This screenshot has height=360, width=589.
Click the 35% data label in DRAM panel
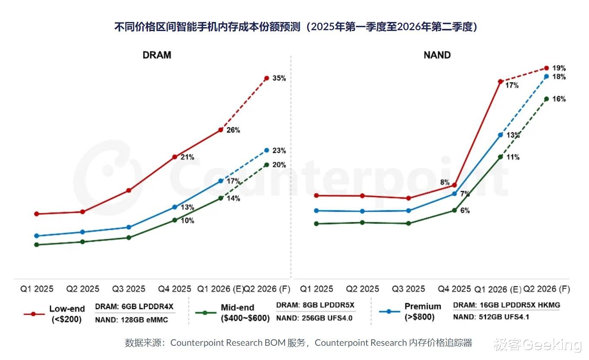pos(279,78)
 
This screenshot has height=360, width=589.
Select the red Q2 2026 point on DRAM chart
pos(266,78)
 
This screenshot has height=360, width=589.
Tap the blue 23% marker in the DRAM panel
pos(266,150)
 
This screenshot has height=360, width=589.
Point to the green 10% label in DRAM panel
pos(187,221)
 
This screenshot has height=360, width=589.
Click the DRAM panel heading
pos(157,55)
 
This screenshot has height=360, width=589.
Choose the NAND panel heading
pos(437,55)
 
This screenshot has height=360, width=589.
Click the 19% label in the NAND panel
pos(559,68)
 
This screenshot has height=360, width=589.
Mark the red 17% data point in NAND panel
pos(500,81)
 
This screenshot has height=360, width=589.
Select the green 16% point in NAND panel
pos(546,99)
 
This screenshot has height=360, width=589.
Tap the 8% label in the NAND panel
pos(445,182)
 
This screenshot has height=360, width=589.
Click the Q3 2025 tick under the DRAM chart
pos(128,289)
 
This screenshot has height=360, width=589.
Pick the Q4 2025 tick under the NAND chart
pos(454,289)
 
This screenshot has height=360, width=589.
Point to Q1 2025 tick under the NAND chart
pos(316,289)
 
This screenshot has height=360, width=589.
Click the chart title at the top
pos(296,27)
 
